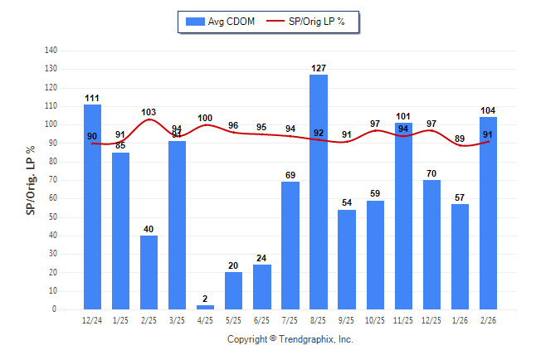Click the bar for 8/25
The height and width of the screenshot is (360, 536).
click(x=319, y=192)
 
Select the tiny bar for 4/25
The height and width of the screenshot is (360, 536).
click(x=206, y=307)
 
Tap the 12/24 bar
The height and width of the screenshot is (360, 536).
click(x=92, y=207)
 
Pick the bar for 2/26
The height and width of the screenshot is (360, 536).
click(x=489, y=213)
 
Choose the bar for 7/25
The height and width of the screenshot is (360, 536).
click(x=290, y=246)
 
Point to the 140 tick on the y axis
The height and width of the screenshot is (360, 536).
click(x=51, y=51)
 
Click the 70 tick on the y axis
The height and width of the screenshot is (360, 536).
click(x=52, y=180)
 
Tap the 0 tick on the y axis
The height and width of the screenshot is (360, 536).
click(x=55, y=309)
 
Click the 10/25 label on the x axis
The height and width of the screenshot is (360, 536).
click(x=375, y=319)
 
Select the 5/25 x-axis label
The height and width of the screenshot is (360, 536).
click(x=233, y=319)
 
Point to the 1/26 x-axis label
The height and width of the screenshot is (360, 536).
click(x=460, y=319)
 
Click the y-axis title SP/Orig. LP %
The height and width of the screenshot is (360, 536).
click(x=31, y=179)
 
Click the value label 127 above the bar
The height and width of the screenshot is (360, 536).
click(x=319, y=68)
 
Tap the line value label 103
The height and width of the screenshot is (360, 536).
click(x=149, y=112)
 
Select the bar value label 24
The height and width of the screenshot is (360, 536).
click(x=262, y=258)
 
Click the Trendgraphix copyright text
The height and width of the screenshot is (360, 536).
click(x=290, y=339)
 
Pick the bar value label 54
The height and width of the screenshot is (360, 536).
click(x=347, y=203)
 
